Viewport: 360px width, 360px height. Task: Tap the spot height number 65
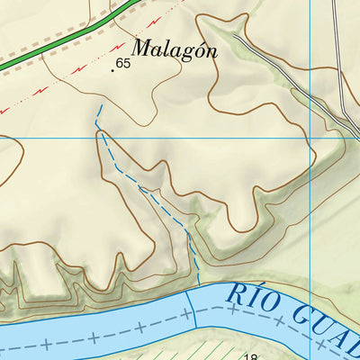(x=123, y=64)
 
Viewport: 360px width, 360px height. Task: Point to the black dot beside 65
(x=113, y=68)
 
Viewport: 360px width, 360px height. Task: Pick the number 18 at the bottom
(x=250, y=356)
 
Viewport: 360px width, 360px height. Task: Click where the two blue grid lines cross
(x=310, y=138)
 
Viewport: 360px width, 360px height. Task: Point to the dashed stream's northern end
(x=100, y=106)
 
